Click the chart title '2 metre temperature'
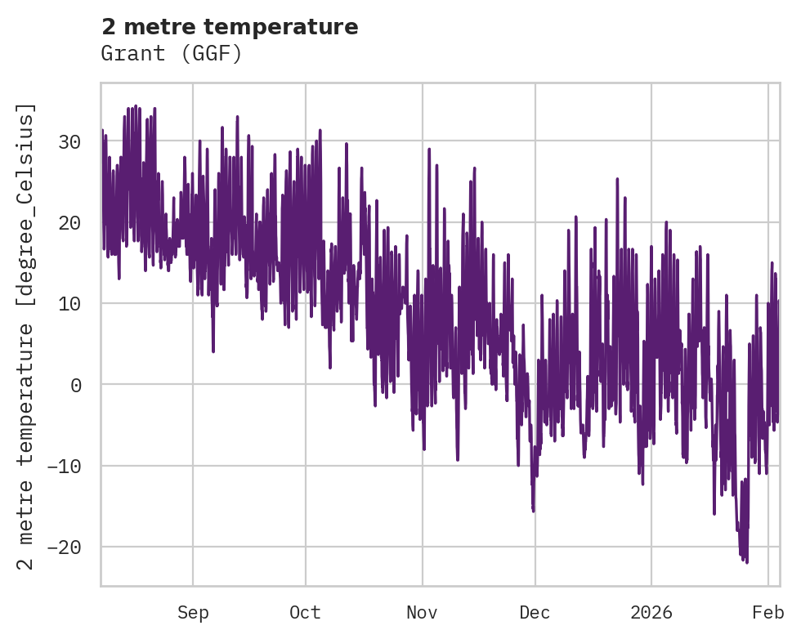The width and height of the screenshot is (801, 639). pyautogui.click(x=230, y=27)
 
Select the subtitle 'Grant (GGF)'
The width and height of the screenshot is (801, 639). pyautogui.click(x=172, y=54)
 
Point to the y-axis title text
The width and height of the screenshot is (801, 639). pyautogui.click(x=27, y=336)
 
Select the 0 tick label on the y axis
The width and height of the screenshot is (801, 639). pyautogui.click(x=76, y=384)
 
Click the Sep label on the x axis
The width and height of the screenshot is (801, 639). pyautogui.click(x=193, y=612)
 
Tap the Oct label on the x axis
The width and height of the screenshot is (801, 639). pyautogui.click(x=305, y=612)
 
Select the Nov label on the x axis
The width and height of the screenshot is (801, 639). pyautogui.click(x=423, y=612)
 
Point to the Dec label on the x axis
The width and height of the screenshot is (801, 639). pyautogui.click(x=535, y=612)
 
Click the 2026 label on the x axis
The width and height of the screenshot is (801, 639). pyautogui.click(x=651, y=612)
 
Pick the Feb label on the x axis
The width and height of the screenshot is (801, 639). pyautogui.click(x=768, y=612)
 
